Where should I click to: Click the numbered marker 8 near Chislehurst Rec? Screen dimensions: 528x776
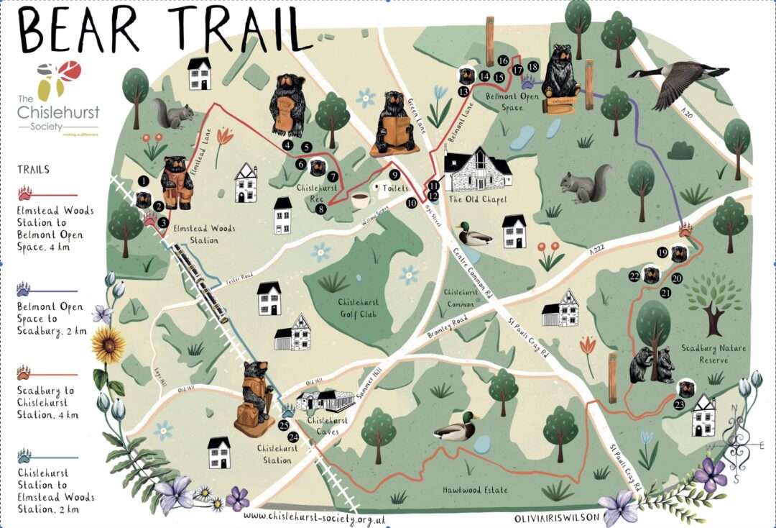click(321, 209)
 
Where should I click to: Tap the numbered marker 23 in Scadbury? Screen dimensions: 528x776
click(680, 404)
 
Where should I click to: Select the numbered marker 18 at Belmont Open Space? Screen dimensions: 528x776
click(532, 67)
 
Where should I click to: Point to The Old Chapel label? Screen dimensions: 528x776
click(479, 199)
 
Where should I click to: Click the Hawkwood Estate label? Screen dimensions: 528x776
click(475, 490)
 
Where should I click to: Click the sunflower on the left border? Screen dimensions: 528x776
click(108, 345)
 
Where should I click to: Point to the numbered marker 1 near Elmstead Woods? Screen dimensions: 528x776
click(144, 181)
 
